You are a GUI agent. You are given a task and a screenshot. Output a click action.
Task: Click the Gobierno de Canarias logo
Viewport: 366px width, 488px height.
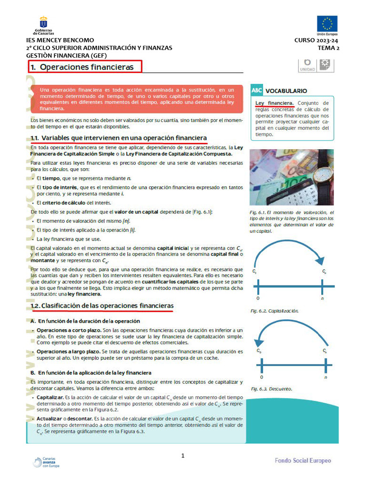click(43, 26)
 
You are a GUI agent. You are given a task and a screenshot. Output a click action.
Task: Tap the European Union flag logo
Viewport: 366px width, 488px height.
click(327, 24)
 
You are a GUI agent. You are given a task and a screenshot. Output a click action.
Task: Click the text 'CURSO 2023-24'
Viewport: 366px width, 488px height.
click(316, 41)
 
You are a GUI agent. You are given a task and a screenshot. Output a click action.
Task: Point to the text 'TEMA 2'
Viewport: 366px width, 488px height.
click(329, 48)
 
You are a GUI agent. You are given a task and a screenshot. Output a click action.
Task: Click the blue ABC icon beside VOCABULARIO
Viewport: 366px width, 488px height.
click(257, 90)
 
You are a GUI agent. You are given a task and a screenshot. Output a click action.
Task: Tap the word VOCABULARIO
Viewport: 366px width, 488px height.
click(286, 91)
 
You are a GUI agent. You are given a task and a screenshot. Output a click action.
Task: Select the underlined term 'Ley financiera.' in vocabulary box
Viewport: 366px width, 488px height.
click(274, 103)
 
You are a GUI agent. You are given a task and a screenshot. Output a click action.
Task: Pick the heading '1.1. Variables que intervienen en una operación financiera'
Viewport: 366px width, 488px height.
click(119, 138)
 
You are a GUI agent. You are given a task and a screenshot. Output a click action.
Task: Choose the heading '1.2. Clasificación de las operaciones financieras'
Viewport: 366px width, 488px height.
click(102, 305)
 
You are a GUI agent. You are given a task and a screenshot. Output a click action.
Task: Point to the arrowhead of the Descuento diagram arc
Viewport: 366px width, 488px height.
click(259, 342)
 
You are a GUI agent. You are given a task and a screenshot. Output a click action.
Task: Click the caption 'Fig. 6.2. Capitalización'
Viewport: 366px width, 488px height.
click(274, 311)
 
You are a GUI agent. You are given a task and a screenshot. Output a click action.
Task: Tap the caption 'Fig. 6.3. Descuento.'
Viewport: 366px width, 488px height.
click(271, 389)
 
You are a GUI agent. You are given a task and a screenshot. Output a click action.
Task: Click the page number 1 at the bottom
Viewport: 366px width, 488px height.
click(183, 456)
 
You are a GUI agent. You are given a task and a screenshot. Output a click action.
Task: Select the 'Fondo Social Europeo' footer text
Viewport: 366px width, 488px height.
click(303, 460)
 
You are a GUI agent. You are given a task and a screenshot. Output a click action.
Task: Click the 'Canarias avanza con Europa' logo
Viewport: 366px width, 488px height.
click(46, 462)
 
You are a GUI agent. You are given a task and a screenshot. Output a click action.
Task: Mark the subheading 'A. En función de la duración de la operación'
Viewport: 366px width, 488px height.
click(85, 321)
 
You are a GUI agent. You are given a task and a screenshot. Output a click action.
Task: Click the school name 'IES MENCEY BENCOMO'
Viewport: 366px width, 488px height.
click(60, 40)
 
